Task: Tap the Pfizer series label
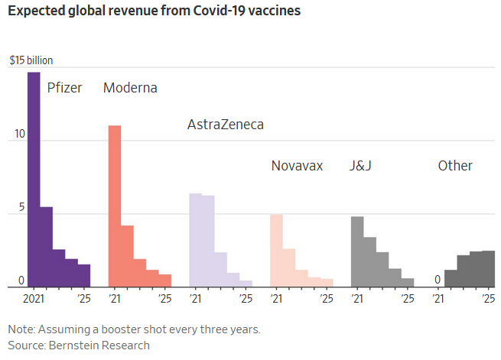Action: click(64, 87)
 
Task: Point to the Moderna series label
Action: click(130, 87)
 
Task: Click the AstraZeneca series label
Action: click(225, 125)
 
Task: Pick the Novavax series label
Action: click(297, 166)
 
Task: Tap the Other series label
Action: click(455, 166)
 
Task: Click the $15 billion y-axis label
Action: click(31, 60)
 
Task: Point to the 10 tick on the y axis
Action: click(19, 135)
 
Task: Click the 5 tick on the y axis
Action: click(22, 207)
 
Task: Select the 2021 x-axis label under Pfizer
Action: click(34, 297)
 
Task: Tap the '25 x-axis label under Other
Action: click(488, 297)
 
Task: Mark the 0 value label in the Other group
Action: click(437, 280)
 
